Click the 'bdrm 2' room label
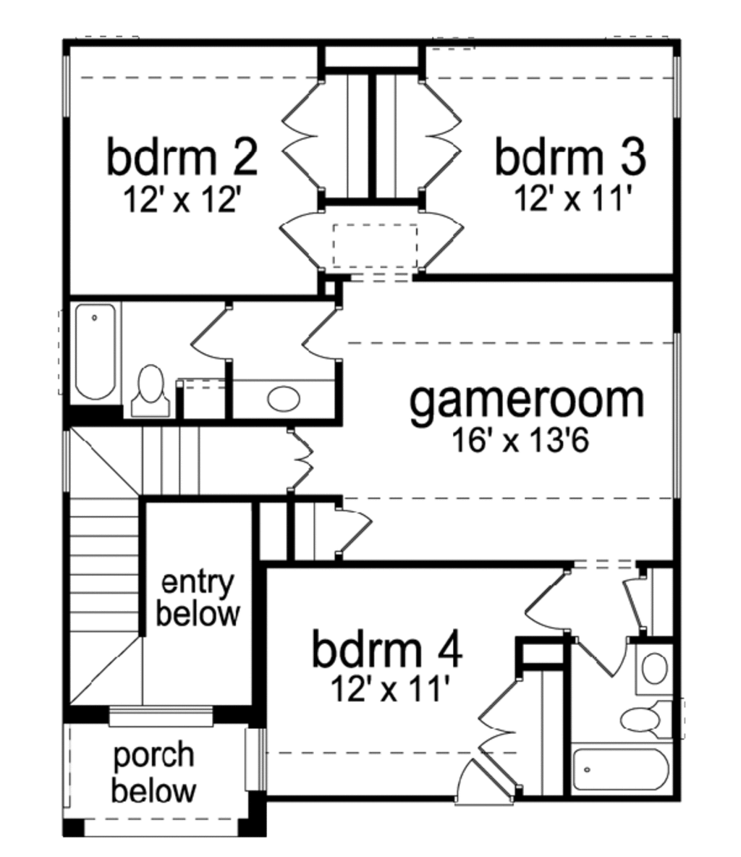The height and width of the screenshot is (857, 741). click(x=182, y=157)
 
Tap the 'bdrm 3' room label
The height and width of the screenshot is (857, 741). click(x=569, y=157)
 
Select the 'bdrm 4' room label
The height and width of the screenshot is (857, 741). click(x=386, y=649)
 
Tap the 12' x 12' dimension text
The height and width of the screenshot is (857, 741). click(x=182, y=198)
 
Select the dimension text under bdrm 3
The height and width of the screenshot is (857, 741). click(x=569, y=198)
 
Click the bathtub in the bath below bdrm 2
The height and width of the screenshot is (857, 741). click(x=96, y=352)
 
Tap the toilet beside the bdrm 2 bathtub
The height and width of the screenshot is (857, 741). click(x=151, y=391)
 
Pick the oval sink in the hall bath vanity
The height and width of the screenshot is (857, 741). click(x=283, y=398)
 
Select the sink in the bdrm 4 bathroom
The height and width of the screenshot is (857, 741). click(x=655, y=668)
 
